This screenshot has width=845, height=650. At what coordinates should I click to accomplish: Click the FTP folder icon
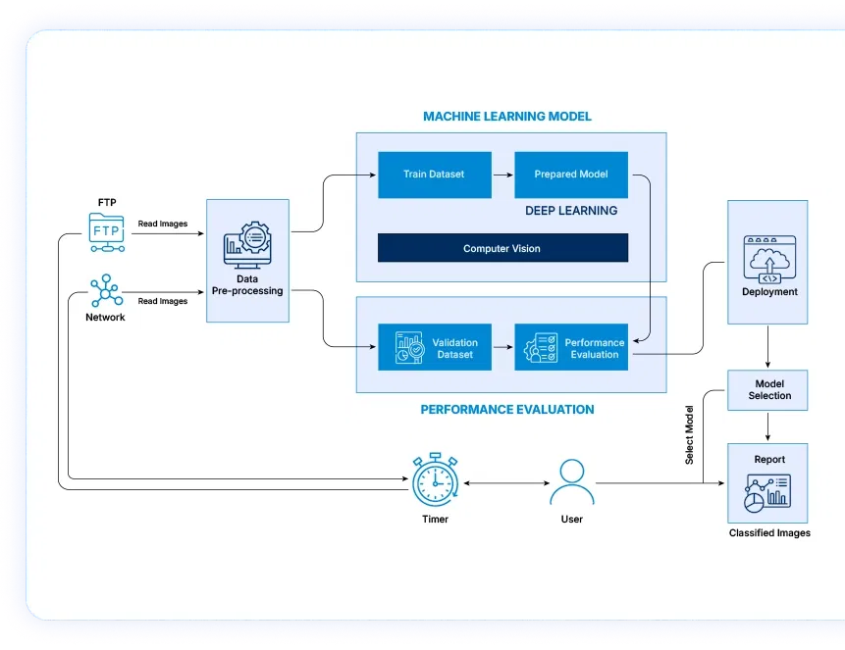point(106,229)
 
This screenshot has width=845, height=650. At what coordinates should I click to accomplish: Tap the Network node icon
point(105,289)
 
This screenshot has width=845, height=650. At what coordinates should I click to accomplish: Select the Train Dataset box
point(433,175)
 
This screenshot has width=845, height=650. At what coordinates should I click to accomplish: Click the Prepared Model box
point(570,175)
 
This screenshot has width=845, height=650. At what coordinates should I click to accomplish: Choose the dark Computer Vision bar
point(502,248)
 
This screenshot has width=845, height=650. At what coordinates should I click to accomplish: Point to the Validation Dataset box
point(433,348)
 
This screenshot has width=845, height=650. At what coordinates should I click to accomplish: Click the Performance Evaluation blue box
point(570,348)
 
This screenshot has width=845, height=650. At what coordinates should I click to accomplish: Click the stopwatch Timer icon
point(435,479)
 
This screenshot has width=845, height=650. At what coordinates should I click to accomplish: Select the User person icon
point(571,482)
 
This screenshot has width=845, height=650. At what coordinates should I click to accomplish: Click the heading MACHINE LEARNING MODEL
point(506,117)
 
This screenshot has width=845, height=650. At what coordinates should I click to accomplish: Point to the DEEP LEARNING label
point(570,211)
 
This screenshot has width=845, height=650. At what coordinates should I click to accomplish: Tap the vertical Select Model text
point(689,434)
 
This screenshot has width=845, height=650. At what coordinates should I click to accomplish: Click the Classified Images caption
point(768,533)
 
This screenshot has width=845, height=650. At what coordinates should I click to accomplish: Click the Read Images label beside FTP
point(162,224)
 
